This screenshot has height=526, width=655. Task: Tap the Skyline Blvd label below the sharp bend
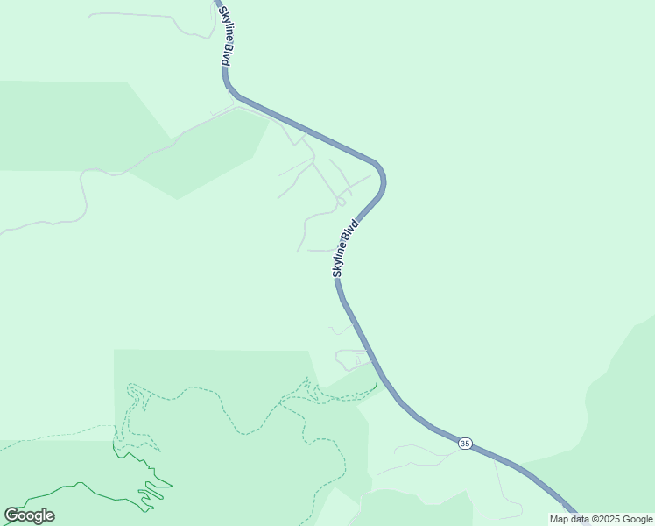(346, 249)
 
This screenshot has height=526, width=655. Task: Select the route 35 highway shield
(464, 444)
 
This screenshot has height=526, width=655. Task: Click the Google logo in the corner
(29, 515)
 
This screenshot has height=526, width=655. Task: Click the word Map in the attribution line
(560, 519)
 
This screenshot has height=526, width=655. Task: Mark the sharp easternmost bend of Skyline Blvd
(382, 180)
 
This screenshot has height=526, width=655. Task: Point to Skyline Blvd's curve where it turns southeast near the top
(229, 88)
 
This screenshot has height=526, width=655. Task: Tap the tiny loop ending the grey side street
(340, 203)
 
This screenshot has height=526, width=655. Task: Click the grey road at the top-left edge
(149, 14)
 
